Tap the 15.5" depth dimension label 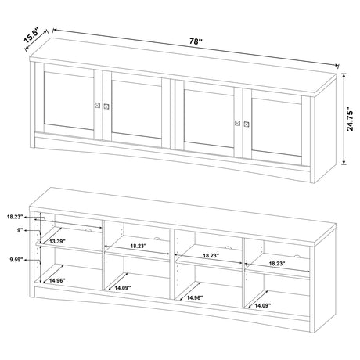[x=31, y=38]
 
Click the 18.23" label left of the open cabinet [x=14, y=216]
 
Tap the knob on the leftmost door [x=98, y=106]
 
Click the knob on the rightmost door [x=246, y=122]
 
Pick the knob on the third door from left [x=236, y=121]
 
